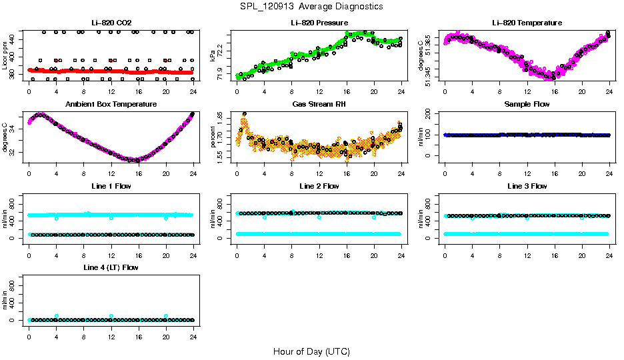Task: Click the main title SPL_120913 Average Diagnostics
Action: click(x=312, y=6)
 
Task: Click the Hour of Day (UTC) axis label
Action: click(x=311, y=351)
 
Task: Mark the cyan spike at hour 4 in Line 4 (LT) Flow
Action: click(x=57, y=316)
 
